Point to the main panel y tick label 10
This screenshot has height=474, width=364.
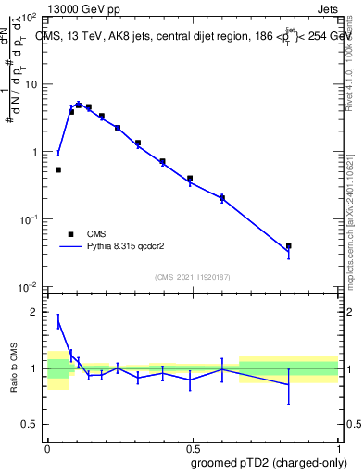click(x=31, y=84)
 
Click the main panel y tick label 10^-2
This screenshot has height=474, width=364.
click(x=28, y=287)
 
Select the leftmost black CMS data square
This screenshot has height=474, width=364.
click(x=58, y=169)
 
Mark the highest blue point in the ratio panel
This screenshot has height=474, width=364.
click(x=58, y=321)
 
